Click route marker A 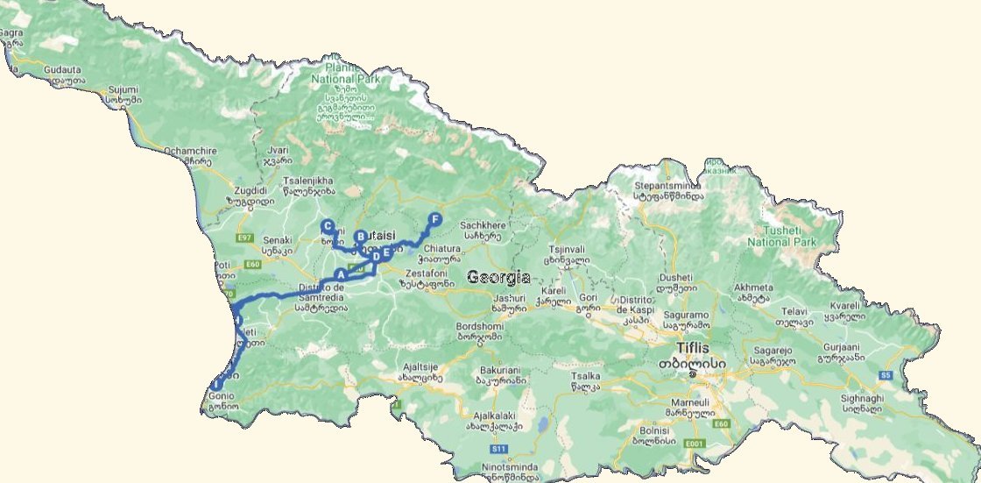pyautogui.click(x=341, y=275)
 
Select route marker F pyautogui.click(x=434, y=219)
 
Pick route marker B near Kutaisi pyautogui.click(x=360, y=236)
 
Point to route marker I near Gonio pyautogui.click(x=215, y=383)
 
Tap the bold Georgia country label pyautogui.click(x=498, y=277)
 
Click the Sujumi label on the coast pyautogui.click(x=123, y=89)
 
